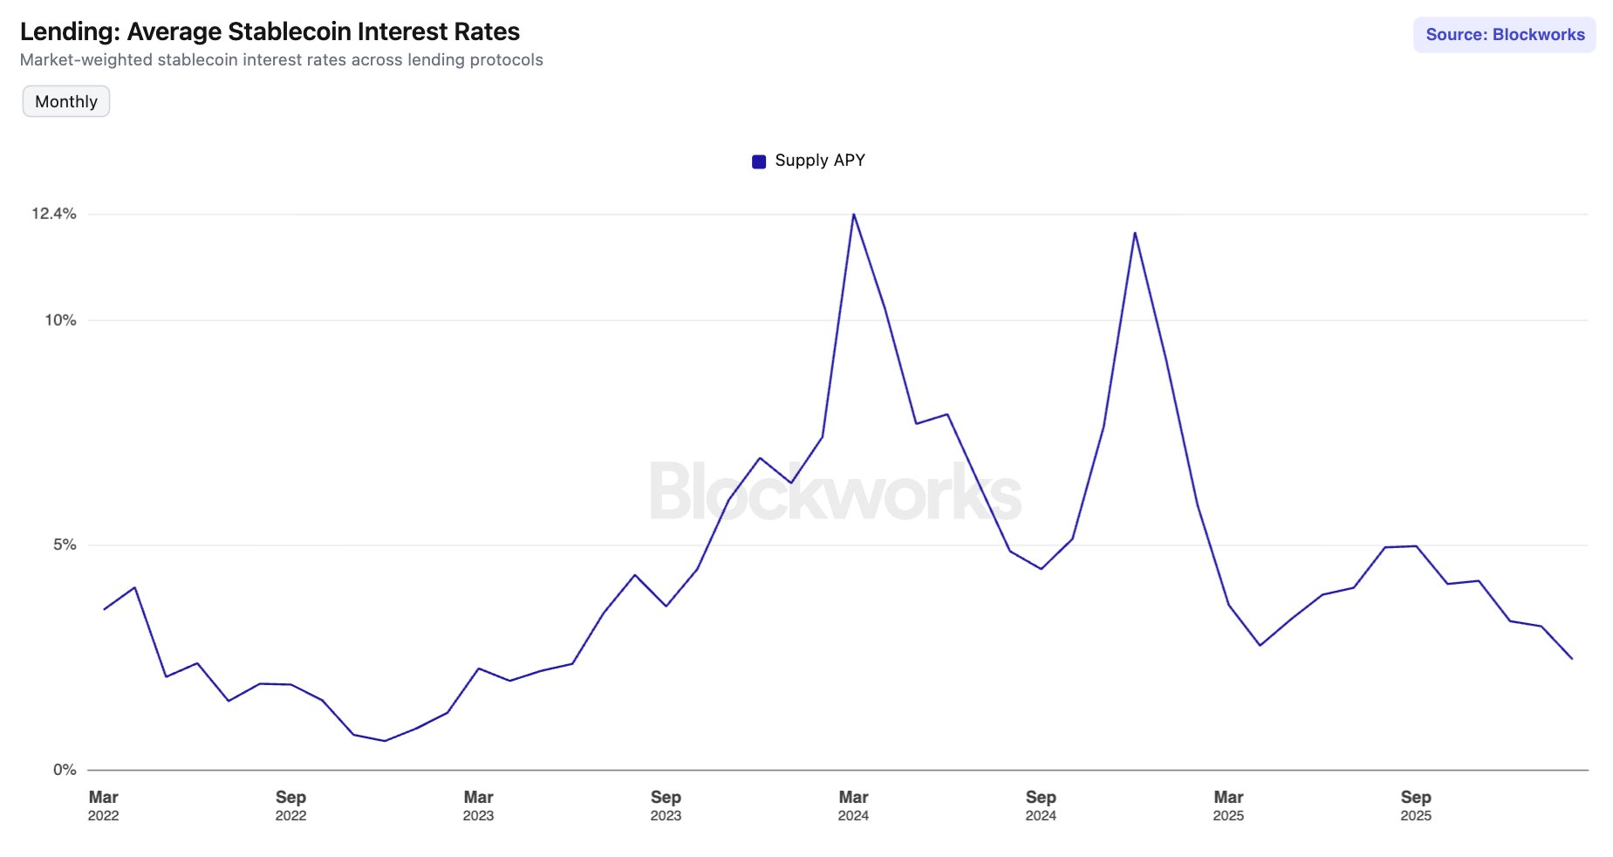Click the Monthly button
pyautogui.click(x=66, y=101)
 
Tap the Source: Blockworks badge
pyautogui.click(x=1504, y=35)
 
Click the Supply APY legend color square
pyautogui.click(x=759, y=161)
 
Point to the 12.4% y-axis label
pyautogui.click(x=54, y=214)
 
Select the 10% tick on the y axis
pyautogui.click(x=60, y=320)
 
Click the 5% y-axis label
pyautogui.click(x=65, y=545)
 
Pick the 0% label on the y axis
pyautogui.click(x=65, y=770)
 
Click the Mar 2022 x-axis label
pyautogui.click(x=103, y=806)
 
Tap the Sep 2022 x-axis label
pyautogui.click(x=290, y=806)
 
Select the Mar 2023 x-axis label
pyautogui.click(x=478, y=806)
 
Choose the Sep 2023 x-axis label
pyautogui.click(x=666, y=806)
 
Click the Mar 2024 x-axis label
pyautogui.click(x=853, y=806)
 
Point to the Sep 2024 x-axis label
pyautogui.click(x=1041, y=806)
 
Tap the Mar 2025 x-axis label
pyautogui.click(x=1228, y=806)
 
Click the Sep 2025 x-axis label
pyautogui.click(x=1416, y=806)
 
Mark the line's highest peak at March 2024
pyautogui.click(x=853, y=215)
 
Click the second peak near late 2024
pyautogui.click(x=1134, y=233)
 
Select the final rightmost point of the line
pyautogui.click(x=1572, y=659)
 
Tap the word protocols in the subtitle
pyautogui.click(x=506, y=60)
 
